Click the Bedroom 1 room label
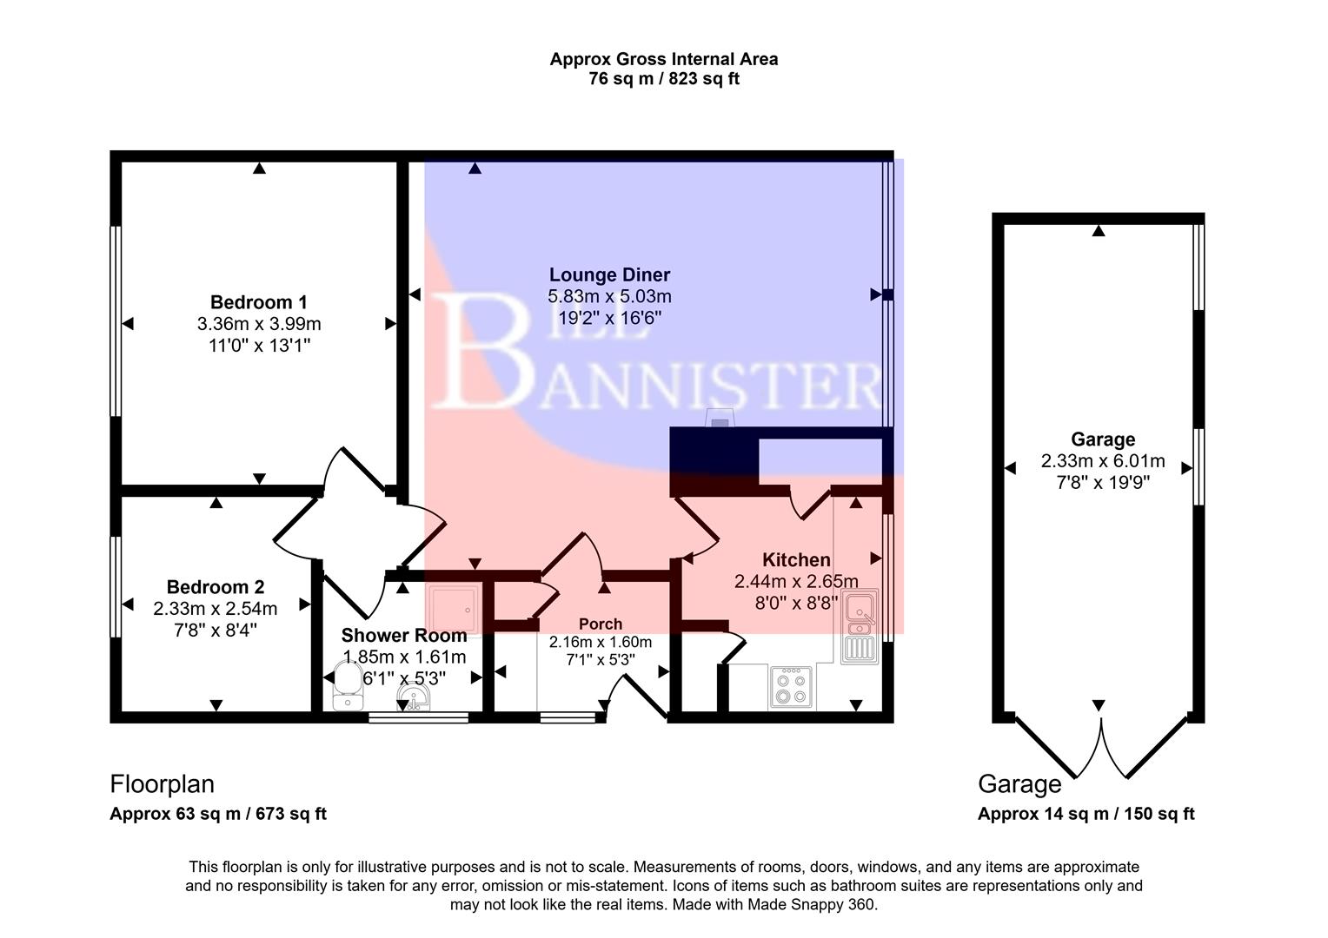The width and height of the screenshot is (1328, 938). click(258, 302)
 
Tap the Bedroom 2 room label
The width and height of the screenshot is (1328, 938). click(215, 587)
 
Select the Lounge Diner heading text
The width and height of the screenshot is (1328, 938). click(609, 275)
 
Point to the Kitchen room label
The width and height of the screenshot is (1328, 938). click(796, 560)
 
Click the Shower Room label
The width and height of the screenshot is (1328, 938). click(403, 636)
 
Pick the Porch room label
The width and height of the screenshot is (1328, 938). click(600, 624)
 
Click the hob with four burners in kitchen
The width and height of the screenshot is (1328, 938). click(791, 687)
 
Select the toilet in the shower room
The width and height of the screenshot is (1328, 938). click(348, 686)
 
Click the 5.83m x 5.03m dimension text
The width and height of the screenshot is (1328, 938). click(609, 296)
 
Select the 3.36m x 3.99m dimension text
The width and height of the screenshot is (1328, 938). click(258, 324)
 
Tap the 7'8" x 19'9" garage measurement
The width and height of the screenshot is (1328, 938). click(1102, 483)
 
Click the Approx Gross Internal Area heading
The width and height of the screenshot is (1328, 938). click(663, 59)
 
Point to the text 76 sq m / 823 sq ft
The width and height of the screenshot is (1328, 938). click(663, 79)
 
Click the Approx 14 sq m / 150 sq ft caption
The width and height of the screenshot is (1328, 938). click(1086, 814)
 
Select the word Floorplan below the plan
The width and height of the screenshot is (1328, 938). click(162, 784)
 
